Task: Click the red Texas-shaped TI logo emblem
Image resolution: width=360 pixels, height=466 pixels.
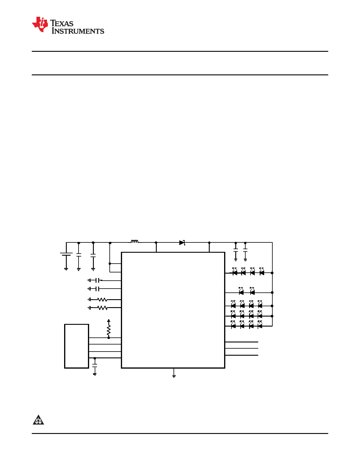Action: click(40, 24)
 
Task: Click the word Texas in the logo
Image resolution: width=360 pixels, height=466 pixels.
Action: click(62, 23)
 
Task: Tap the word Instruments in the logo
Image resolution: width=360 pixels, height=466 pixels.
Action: click(78, 31)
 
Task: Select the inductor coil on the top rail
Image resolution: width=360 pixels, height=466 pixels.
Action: click(135, 241)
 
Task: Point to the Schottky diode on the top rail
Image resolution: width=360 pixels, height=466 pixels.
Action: click(182, 242)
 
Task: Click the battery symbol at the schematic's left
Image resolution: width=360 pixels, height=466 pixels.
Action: click(66, 254)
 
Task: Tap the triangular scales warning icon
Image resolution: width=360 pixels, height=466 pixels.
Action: click(38, 420)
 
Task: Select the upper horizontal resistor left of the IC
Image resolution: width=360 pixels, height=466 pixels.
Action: click(102, 299)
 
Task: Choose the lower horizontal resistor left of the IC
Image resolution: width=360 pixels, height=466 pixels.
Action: click(102, 308)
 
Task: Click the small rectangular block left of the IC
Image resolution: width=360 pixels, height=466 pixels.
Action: click(76, 346)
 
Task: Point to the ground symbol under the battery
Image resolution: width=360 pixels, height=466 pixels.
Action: click(66, 269)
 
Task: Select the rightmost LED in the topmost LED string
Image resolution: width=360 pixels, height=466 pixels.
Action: click(261, 272)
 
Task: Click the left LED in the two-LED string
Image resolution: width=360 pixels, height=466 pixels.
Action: click(241, 291)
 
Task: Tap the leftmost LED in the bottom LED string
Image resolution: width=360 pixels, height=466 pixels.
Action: click(233, 325)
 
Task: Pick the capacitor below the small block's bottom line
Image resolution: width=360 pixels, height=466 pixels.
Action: click(94, 365)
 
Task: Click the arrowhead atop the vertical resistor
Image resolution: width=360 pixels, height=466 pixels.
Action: click(109, 321)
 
